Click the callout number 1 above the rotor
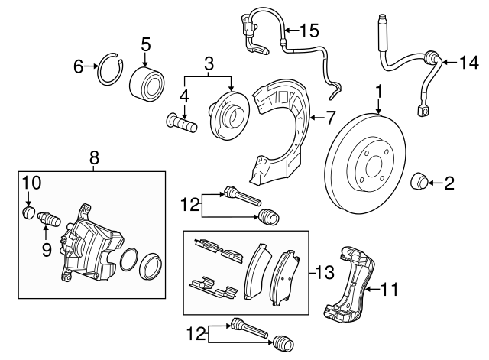tap(377, 92)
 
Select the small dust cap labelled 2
tap(419, 183)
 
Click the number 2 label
tap(449, 183)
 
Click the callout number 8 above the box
tap(93, 158)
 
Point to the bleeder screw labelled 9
tap(50, 220)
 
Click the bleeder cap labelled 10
tap(28, 212)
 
